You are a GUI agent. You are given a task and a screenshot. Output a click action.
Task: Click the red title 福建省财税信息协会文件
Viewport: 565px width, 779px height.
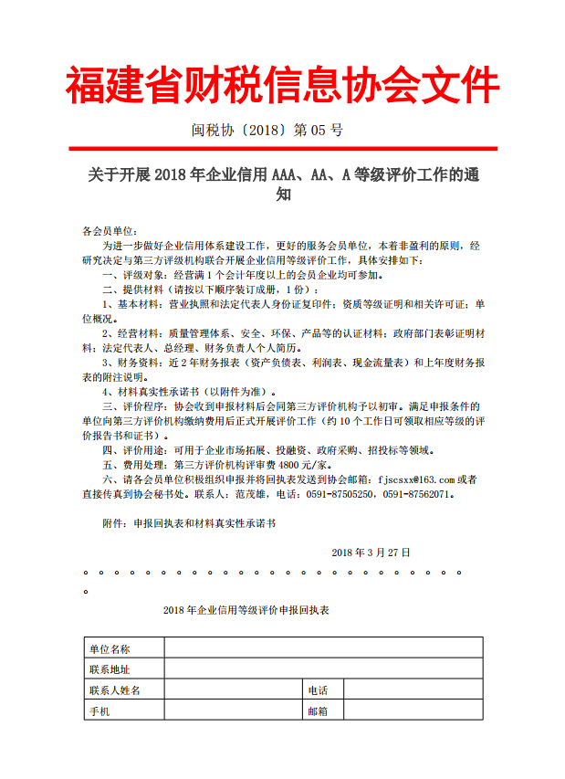282,86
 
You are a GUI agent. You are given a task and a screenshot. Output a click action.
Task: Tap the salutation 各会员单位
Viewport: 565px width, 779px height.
109,232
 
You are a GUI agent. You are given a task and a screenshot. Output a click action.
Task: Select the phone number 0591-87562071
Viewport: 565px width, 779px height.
415,494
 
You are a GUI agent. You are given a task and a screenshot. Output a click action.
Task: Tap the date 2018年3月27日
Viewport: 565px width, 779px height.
371,553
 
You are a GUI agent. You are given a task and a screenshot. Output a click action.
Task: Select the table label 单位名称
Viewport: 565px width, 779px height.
110,649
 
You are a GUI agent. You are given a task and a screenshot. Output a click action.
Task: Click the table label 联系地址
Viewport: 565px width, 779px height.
110,669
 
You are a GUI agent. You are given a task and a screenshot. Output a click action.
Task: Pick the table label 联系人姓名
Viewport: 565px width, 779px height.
115,690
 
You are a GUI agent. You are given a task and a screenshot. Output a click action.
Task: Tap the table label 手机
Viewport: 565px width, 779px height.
99,711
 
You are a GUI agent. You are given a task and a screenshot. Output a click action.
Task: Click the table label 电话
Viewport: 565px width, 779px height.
318,690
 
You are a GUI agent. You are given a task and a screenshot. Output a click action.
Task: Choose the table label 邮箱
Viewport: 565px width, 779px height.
318,711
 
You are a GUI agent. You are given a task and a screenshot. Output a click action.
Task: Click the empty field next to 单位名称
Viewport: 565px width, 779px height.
323,649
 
